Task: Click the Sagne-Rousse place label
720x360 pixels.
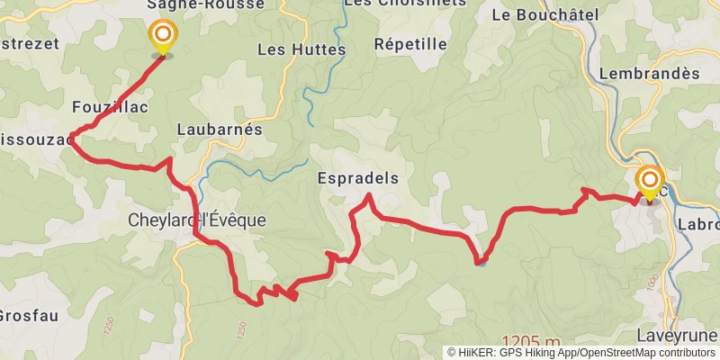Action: [x=207, y=4]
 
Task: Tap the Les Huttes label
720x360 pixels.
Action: [x=301, y=50]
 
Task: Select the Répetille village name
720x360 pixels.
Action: [x=410, y=44]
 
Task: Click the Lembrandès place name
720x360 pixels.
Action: [x=649, y=74]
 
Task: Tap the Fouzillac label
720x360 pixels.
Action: [x=110, y=107]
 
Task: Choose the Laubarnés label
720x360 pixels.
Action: [x=220, y=130]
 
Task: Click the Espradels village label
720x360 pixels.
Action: [x=358, y=179]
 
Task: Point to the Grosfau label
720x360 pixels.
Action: [x=29, y=316]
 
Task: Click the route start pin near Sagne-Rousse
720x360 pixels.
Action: [x=163, y=37]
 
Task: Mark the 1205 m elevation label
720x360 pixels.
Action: [x=531, y=342]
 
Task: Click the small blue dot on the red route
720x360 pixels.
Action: [x=482, y=263]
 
